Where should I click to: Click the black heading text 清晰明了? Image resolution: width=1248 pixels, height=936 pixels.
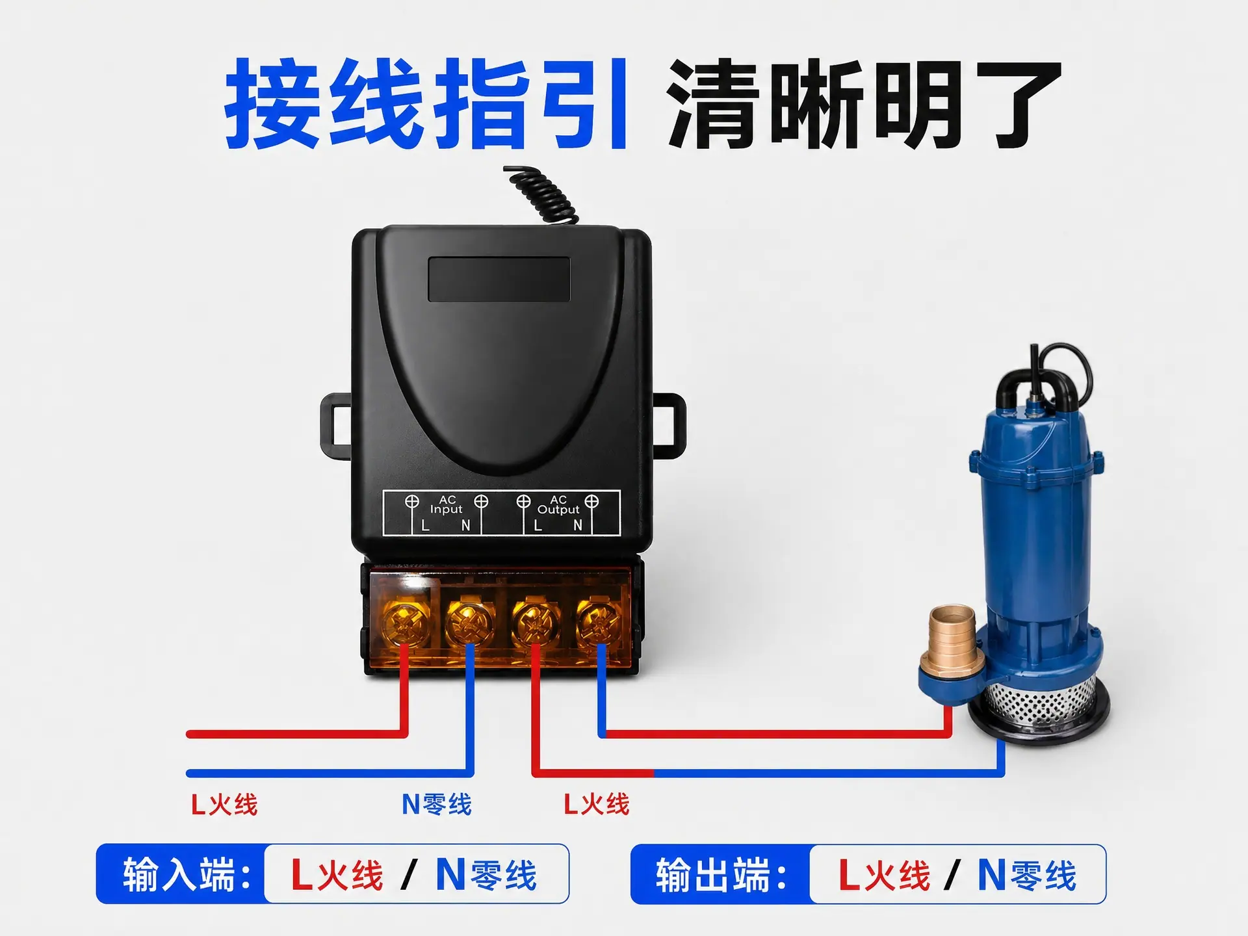point(864,103)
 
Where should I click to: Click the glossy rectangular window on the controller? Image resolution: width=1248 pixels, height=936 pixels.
point(499,279)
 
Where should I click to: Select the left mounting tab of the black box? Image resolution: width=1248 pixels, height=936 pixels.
point(335,425)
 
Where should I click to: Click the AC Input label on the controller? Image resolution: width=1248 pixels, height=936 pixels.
point(447,505)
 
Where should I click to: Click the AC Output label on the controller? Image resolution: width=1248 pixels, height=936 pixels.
point(558,505)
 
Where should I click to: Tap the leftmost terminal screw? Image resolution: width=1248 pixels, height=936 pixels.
point(406,623)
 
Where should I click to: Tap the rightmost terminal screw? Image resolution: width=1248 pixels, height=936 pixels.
point(599,623)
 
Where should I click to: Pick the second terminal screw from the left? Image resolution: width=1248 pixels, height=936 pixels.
point(469,623)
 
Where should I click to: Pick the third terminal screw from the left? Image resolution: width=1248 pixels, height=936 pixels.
point(535,623)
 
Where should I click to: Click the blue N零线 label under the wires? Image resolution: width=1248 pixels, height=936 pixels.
point(436,805)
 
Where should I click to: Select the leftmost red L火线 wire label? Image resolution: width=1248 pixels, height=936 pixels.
point(224,805)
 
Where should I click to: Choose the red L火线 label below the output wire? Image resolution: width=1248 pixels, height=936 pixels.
point(596,805)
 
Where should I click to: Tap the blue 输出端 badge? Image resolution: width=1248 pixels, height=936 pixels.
point(721,874)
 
